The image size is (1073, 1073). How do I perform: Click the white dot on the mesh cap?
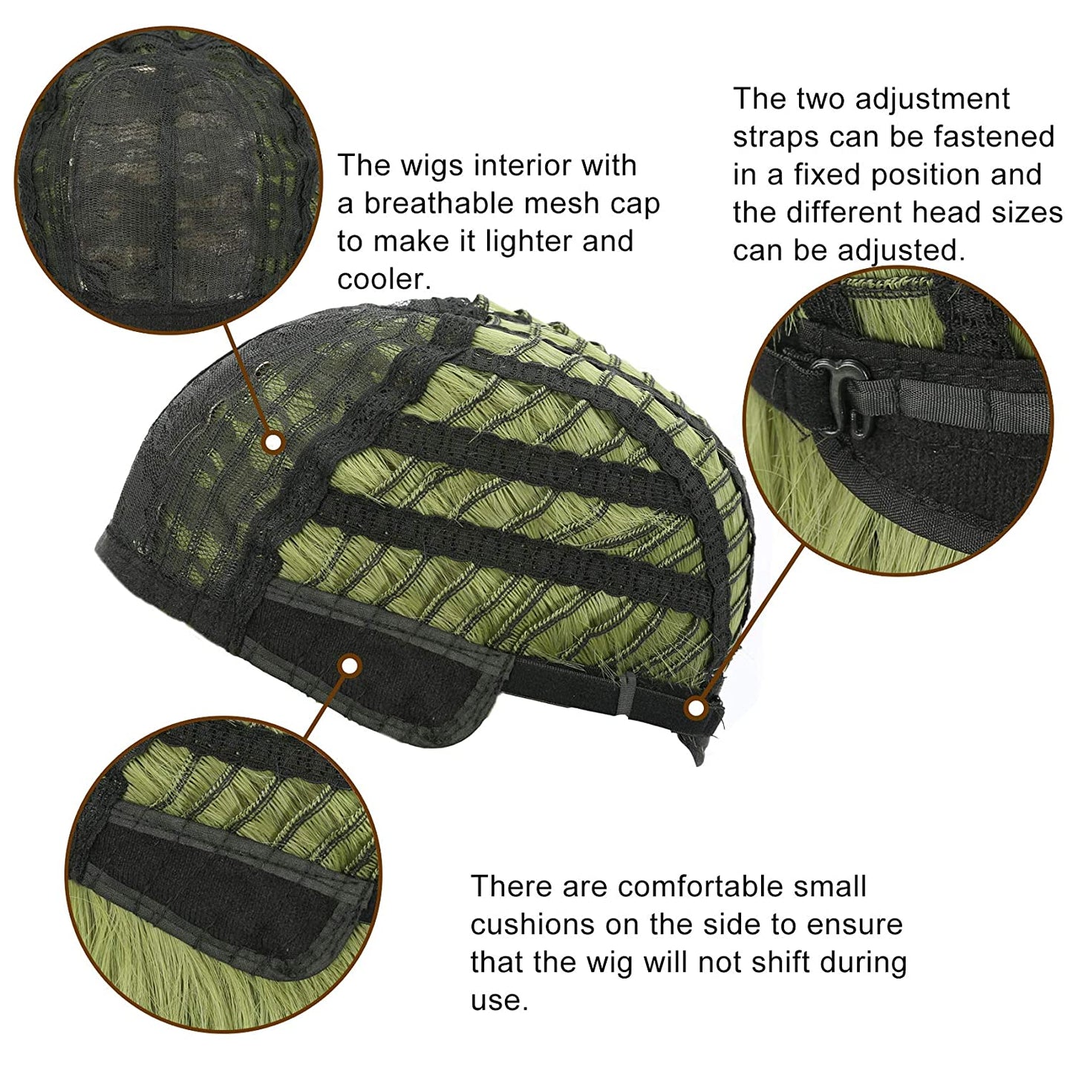coord(273,443)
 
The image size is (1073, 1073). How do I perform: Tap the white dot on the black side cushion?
coord(350,666)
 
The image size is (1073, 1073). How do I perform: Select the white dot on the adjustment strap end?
coord(696,708)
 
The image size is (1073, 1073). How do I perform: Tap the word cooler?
coord(384,279)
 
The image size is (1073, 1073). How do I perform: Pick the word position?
coord(925,176)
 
